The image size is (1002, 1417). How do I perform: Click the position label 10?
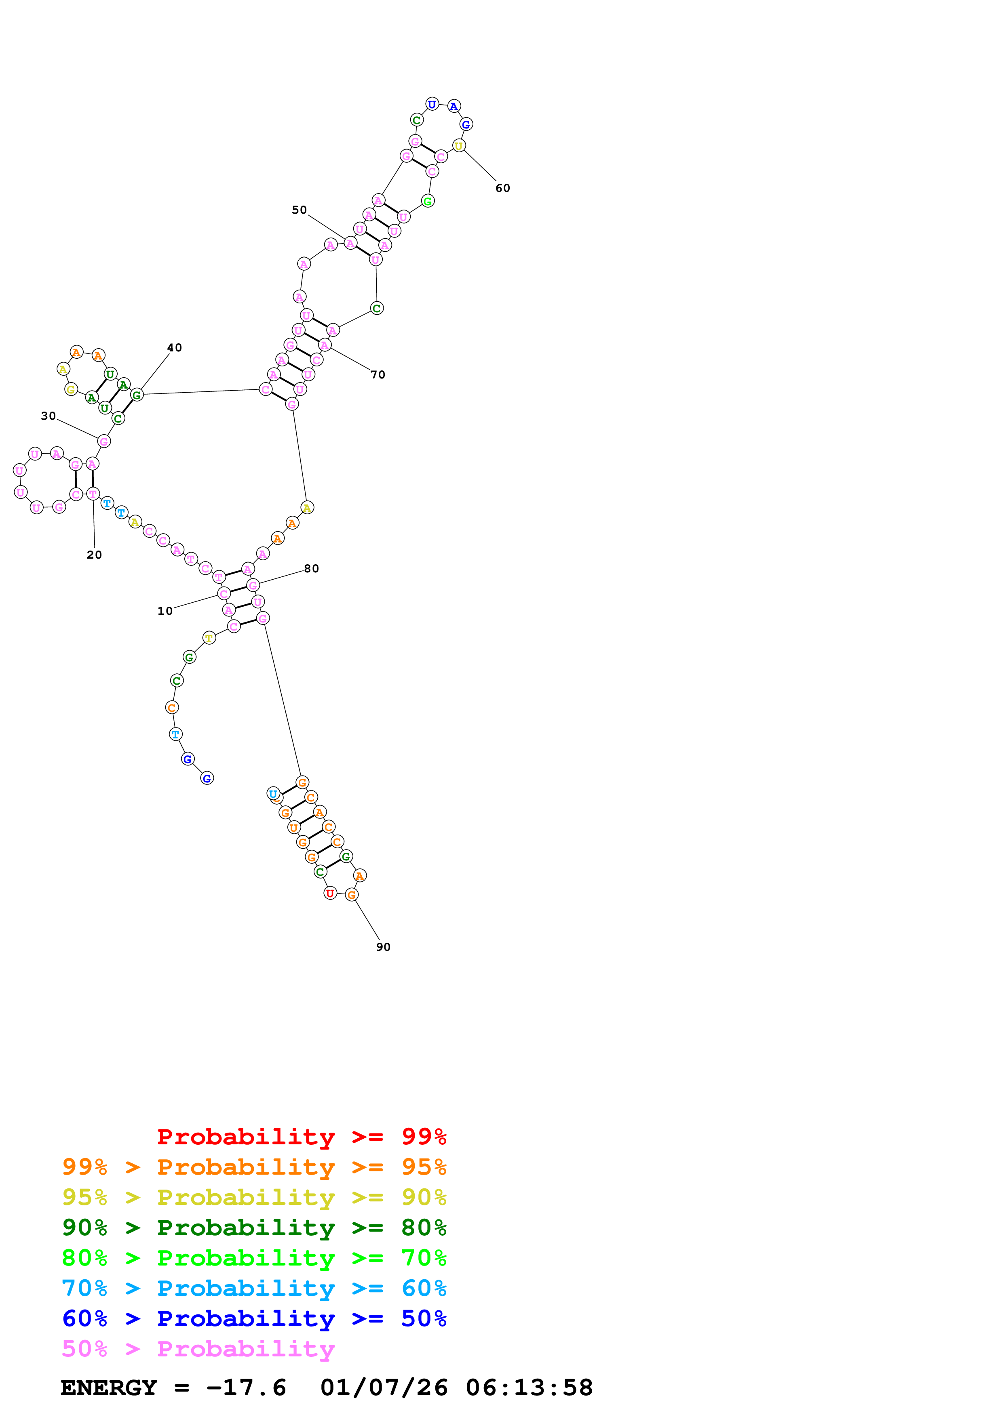point(165,611)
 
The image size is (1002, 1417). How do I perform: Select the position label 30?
point(48,416)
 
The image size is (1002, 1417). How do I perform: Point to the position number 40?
point(175,347)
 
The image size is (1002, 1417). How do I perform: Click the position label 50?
point(300,210)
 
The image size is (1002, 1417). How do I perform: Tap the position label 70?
point(378,374)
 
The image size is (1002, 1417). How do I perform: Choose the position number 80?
point(311,568)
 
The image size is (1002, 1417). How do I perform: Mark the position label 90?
point(384,947)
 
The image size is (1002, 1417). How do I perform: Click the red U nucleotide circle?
point(330,893)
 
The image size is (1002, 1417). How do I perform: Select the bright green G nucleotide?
point(428,201)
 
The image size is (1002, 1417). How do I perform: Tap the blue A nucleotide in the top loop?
point(454,106)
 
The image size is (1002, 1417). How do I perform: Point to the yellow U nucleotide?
point(459,146)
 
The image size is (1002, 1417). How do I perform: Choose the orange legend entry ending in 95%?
point(254,1167)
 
